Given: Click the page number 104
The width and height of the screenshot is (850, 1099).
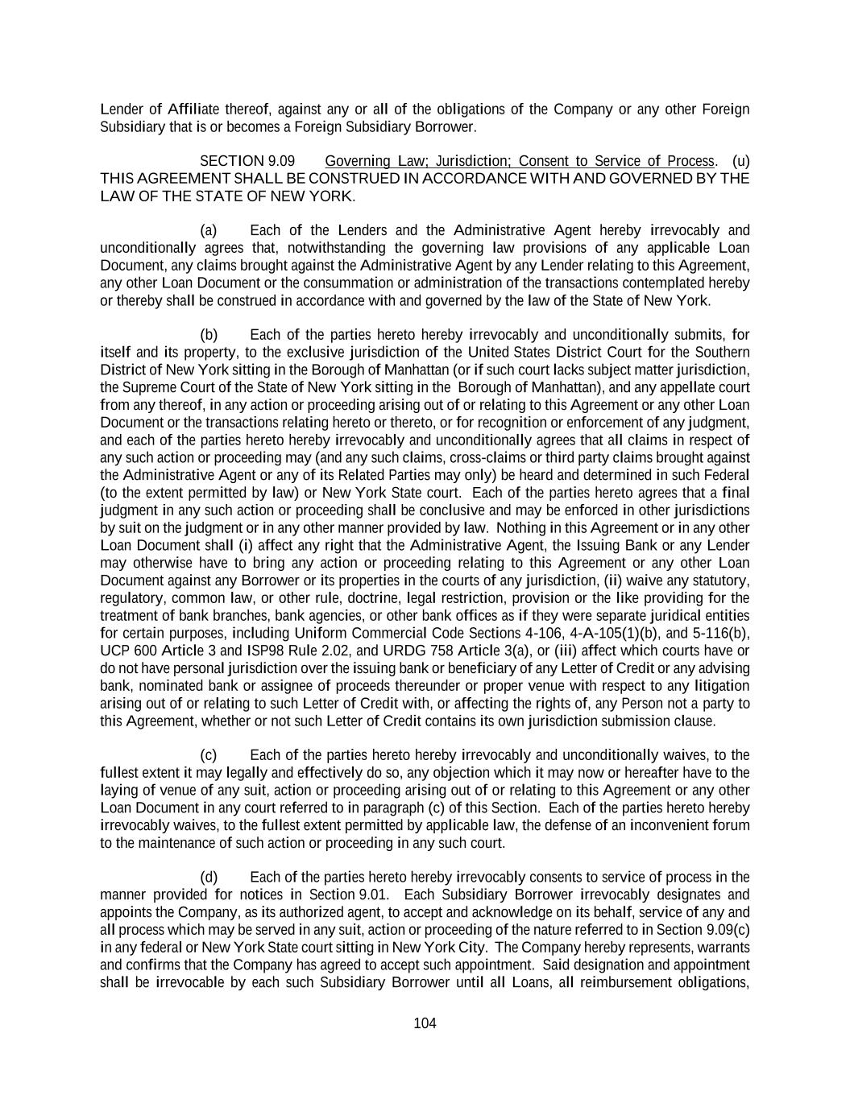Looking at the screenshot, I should [425, 1023].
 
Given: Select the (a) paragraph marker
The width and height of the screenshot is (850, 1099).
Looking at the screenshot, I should [209, 230].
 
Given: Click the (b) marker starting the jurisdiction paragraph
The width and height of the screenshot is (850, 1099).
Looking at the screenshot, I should [209, 335].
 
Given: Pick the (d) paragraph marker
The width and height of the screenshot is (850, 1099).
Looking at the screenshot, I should [209, 877].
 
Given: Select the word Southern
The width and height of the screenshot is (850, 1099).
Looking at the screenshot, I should [722, 353].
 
